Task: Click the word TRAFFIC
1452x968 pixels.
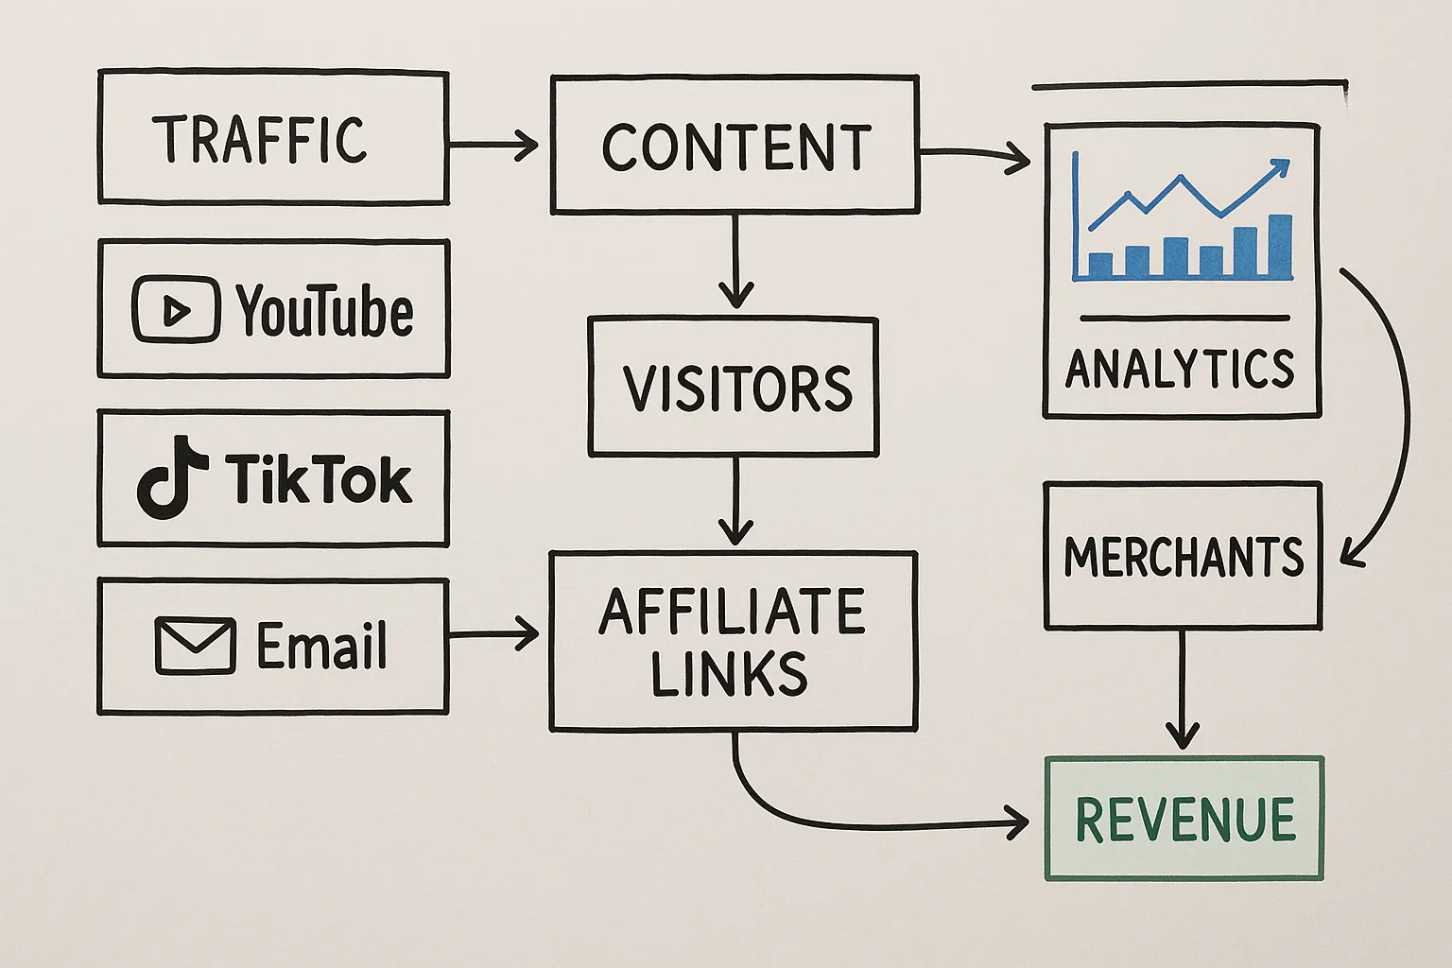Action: [260, 140]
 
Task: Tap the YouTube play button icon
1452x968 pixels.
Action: [176, 309]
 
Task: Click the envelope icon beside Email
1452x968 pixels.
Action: [195, 646]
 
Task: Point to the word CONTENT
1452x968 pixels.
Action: [735, 147]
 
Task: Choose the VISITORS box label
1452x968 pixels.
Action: [736, 389]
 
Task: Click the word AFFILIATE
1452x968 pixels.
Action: [732, 612]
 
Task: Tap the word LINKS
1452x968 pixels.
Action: [729, 673]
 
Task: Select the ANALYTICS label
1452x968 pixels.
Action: [1180, 369]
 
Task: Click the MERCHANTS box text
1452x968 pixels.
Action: [1184, 557]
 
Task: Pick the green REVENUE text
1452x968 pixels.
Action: [1184, 820]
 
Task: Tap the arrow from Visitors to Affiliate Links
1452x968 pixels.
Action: [735, 501]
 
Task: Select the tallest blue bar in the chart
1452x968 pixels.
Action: [1279, 247]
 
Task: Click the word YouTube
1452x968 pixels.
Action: [324, 311]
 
